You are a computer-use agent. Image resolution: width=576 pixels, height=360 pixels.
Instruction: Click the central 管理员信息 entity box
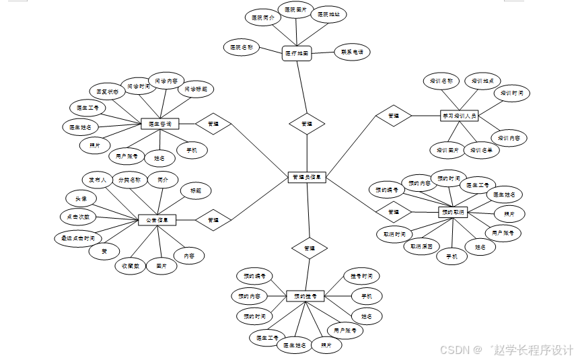click(x=307, y=178)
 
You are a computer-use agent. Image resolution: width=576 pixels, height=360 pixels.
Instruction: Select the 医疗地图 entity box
click(x=296, y=52)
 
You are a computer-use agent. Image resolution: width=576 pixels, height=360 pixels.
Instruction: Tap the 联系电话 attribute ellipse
click(x=352, y=51)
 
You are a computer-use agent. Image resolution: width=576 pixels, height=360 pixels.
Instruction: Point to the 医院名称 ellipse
click(x=241, y=47)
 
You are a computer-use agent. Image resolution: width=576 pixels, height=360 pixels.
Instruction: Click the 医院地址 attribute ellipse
click(x=328, y=14)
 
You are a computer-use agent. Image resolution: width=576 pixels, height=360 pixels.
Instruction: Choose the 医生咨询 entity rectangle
click(x=159, y=124)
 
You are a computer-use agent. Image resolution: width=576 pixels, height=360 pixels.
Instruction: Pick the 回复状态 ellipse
click(x=108, y=91)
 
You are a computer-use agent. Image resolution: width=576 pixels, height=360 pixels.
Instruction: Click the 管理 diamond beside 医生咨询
click(x=213, y=124)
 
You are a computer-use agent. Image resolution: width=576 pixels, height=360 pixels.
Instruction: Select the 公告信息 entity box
click(x=157, y=219)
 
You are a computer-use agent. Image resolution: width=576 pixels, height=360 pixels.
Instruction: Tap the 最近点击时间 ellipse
click(x=77, y=238)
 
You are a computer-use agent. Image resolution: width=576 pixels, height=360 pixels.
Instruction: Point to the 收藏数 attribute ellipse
click(x=131, y=266)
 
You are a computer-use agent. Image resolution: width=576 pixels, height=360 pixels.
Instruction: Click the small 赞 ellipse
click(x=104, y=251)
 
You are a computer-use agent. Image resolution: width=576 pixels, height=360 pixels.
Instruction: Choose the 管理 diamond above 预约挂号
click(x=308, y=248)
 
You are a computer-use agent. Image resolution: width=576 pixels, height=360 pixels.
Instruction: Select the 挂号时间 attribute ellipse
click(x=361, y=276)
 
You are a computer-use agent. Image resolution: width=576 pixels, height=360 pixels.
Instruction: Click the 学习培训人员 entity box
click(x=459, y=116)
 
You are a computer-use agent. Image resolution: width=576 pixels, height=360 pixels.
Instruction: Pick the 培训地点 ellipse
click(x=482, y=81)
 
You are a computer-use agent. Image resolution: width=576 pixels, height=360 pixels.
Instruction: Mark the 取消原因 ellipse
click(x=421, y=246)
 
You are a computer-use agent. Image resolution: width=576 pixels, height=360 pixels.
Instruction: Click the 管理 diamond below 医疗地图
click(x=307, y=124)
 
